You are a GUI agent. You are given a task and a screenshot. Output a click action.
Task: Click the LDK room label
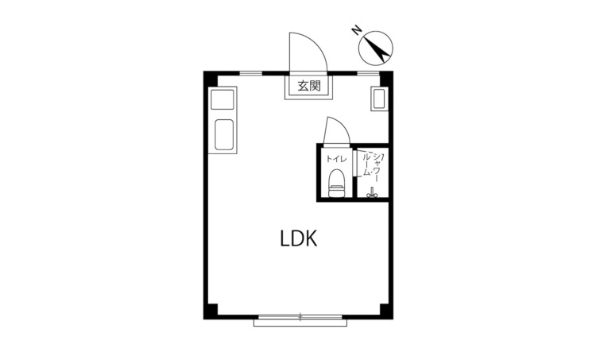[299, 238]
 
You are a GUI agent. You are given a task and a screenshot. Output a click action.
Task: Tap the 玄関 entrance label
[308, 86]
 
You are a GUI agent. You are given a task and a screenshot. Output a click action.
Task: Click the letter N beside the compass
[357, 30]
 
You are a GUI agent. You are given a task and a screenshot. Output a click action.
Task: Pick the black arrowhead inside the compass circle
[381, 52]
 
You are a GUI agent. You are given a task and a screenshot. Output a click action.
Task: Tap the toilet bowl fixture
[336, 184]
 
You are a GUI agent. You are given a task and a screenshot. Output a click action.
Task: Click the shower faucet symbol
[372, 193]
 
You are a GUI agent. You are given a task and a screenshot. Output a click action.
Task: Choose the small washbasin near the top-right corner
[379, 99]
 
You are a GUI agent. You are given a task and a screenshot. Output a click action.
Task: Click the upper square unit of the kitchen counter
[222, 100]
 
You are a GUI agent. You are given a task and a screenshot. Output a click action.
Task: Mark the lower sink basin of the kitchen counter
[224, 134]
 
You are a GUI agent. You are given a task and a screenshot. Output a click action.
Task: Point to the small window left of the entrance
[251, 73]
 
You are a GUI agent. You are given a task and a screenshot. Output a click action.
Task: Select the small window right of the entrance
[369, 73]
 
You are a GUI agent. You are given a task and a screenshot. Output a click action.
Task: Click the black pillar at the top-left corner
[211, 79]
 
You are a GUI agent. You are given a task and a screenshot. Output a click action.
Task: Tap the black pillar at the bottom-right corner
[386, 312]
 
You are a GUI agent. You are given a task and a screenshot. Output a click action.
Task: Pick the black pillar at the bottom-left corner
[211, 312]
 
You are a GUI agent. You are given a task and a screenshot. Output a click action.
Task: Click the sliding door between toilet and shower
[354, 164]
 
